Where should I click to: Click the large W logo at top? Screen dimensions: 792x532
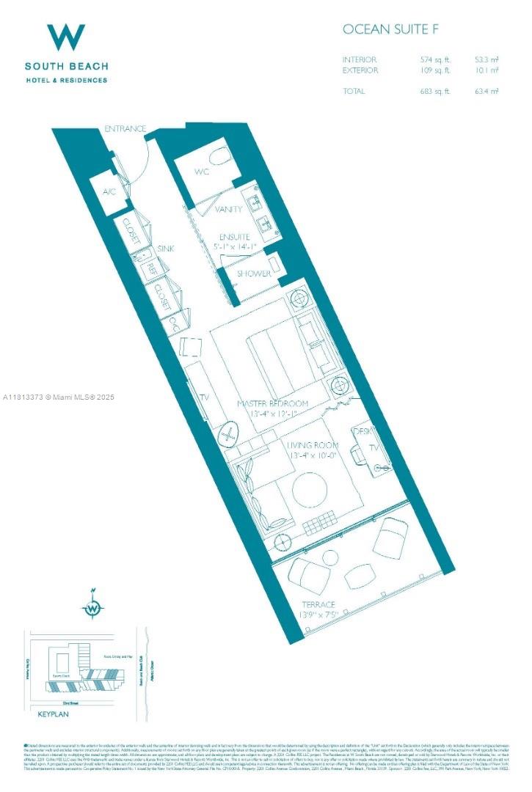[66, 37]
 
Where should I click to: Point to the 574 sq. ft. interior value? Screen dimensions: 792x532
[431, 59]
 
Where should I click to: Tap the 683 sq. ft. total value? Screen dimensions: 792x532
[431, 91]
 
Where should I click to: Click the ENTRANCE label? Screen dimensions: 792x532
[125, 129]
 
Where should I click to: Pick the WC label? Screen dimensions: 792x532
[203, 172]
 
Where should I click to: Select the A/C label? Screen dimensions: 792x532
[109, 191]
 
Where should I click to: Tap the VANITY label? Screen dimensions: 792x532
[229, 210]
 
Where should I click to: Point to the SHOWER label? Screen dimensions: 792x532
[254, 274]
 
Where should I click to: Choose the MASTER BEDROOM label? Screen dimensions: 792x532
[273, 403]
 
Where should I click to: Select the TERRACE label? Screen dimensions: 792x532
[317, 604]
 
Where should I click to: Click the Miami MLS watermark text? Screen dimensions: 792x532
[59, 397]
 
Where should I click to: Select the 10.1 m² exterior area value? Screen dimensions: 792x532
[486, 70]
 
